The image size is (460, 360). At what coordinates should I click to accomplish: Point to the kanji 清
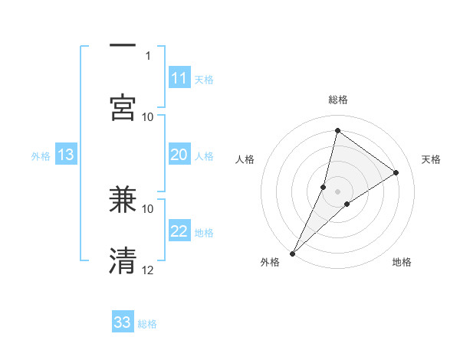pos(123,260)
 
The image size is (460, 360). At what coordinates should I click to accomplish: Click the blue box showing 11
pos(179,78)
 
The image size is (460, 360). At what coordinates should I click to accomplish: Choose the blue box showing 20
pos(179,155)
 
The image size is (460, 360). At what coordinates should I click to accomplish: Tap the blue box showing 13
pos(66,155)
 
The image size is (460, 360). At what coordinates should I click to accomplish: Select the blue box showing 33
pos(123,322)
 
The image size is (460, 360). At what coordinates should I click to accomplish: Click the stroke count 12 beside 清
pos(148,270)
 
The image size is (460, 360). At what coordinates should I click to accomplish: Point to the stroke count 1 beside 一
pos(148,56)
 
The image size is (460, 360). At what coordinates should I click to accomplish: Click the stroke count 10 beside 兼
pos(148,208)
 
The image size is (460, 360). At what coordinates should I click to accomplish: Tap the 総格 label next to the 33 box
pos(148,324)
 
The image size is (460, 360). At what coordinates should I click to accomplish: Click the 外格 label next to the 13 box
pos(41,156)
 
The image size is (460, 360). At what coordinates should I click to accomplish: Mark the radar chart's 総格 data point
pos(337,130)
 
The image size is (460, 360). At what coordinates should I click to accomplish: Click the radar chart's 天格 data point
pos(396,173)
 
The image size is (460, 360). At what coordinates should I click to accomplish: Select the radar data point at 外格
pos(292,253)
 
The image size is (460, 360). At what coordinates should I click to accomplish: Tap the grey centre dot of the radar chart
pos(337,191)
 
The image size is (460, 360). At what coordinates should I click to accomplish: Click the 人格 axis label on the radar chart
pos(245,159)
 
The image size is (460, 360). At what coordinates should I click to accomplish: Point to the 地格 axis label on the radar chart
pos(402,262)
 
